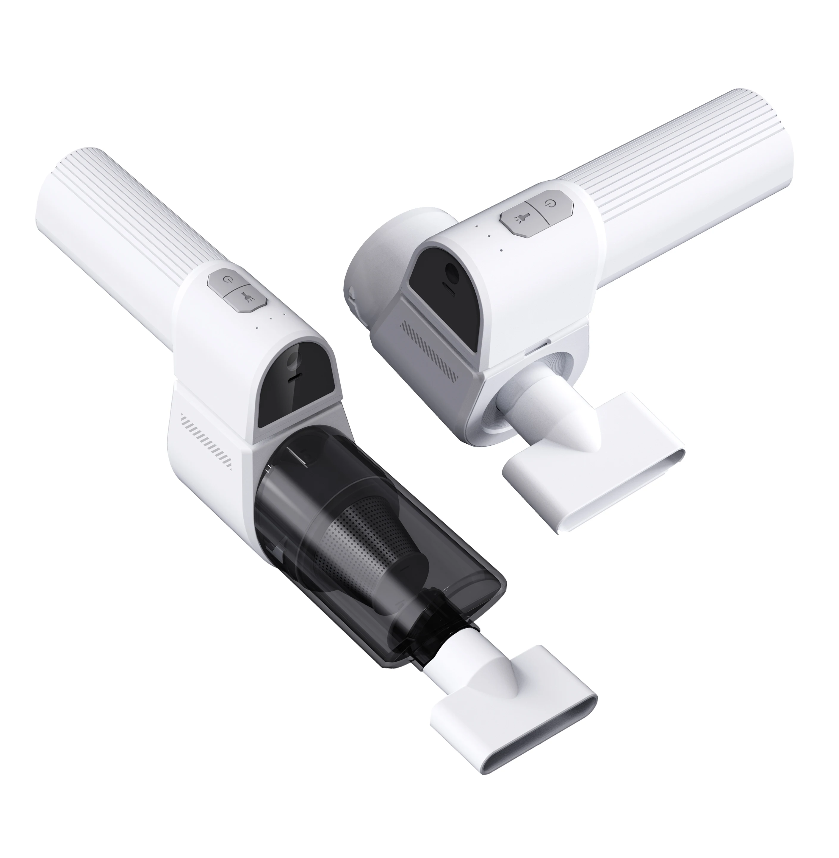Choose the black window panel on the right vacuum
coord(445,287)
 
